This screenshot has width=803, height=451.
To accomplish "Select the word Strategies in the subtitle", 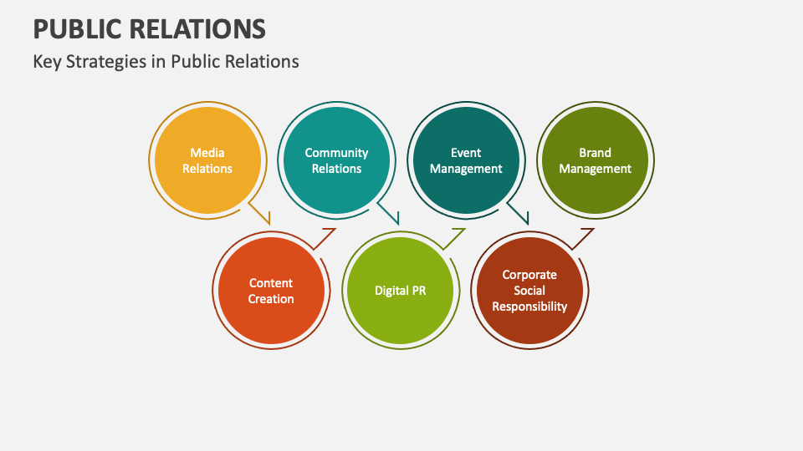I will coord(108,62).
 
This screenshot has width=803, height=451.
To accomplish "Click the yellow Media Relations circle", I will coord(207,160).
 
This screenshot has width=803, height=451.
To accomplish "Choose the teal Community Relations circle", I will coord(336,160).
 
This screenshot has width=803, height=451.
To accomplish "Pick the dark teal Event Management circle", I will coord(466,160).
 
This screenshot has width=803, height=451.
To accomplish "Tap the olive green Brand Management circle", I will coord(595,160).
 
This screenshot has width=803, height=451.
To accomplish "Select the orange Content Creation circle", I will coord(271,291).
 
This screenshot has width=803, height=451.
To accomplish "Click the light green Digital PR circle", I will coord(401,291).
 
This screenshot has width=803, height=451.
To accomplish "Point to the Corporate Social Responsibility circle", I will coord(529,291).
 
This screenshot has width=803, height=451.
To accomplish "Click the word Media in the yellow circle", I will coord(207,153).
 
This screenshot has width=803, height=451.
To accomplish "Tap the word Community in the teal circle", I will coord(336,153).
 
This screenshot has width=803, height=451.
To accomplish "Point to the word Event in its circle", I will coord(466,153).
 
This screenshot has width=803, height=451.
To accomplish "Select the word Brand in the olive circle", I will coord(595,153).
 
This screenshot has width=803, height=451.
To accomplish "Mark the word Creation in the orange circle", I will coord(271,299).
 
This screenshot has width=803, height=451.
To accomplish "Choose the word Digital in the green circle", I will coord(391,291).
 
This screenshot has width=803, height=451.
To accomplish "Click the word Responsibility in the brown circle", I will coord(529,307).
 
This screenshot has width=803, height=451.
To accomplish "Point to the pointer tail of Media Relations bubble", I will coord(263,215).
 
